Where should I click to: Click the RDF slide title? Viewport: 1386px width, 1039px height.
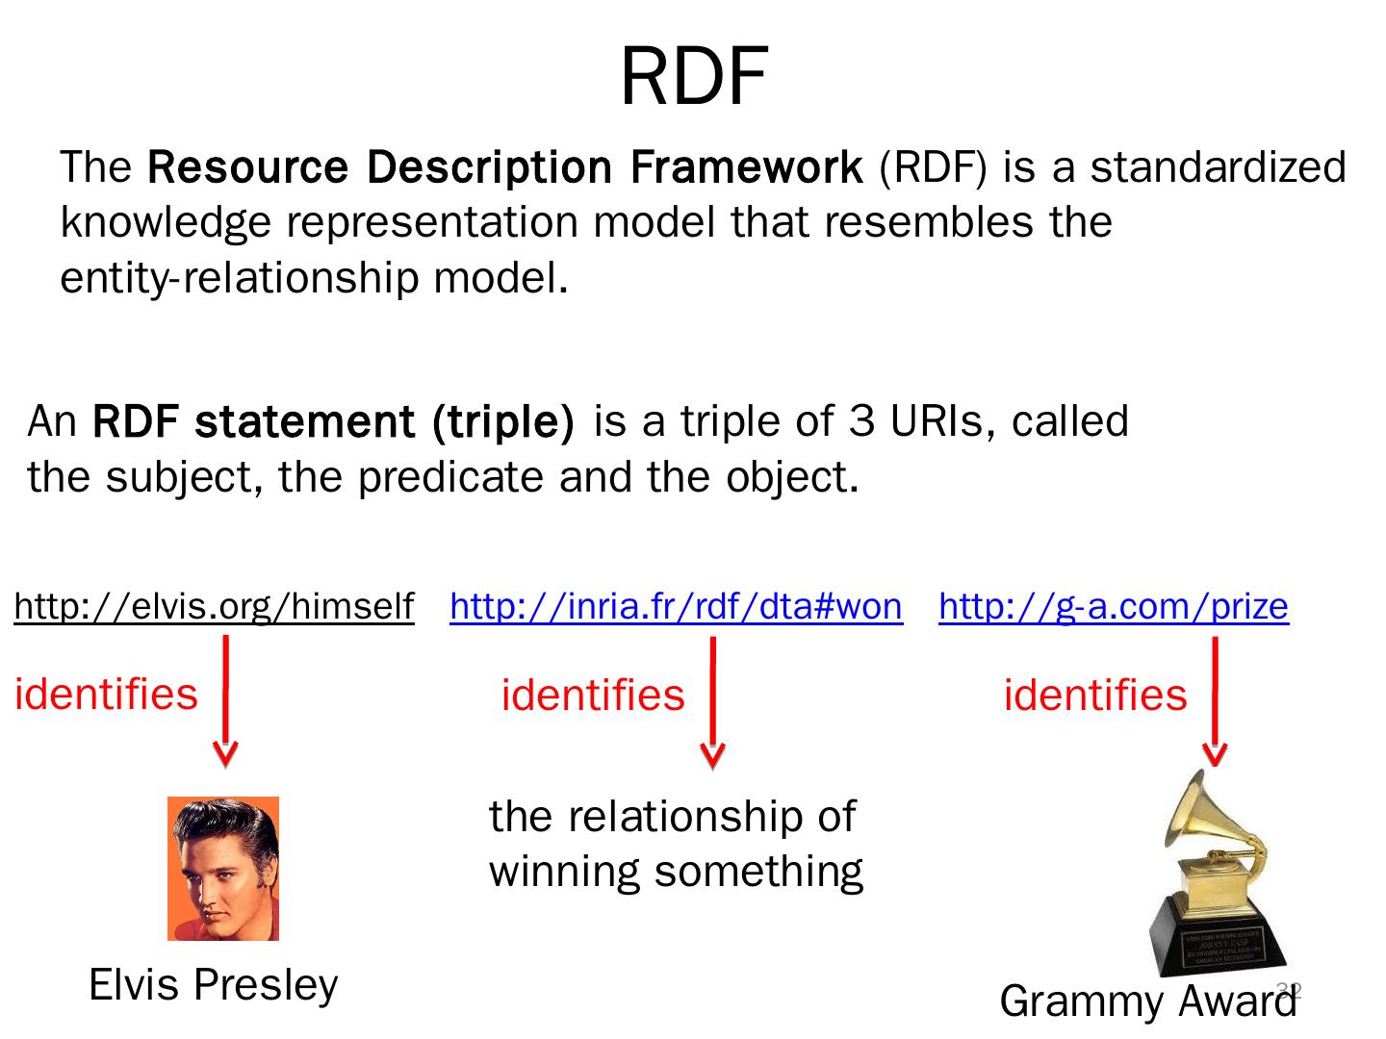point(693,77)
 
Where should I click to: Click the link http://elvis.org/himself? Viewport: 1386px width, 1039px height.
point(214,606)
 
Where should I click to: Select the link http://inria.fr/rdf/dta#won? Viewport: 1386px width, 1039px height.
point(676,606)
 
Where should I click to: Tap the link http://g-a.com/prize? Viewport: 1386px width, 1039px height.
point(1113,606)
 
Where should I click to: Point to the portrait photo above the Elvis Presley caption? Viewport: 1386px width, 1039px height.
point(223,868)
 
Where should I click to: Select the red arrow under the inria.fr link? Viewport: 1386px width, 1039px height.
point(712,702)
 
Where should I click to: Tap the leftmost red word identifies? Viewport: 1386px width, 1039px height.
point(106,694)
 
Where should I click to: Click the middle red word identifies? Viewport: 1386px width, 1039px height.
point(593,696)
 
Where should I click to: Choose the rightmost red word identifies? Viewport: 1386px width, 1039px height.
point(1095,696)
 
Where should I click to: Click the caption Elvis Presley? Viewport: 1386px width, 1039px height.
point(213,985)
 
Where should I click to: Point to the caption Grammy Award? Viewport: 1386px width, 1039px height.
point(1147,1001)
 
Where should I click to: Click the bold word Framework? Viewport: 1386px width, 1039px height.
point(746,167)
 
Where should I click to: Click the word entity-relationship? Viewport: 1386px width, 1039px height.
point(240,278)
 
